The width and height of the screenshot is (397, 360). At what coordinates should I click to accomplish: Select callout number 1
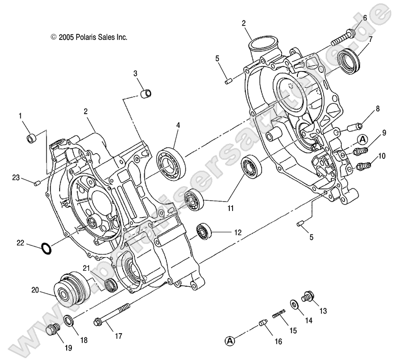(x=20, y=115)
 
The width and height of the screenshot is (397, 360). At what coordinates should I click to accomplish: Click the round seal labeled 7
(x=348, y=62)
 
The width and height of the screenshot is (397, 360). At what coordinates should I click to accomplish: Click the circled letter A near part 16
(x=229, y=340)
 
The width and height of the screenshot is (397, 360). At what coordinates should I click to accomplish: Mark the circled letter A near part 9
(x=363, y=139)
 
